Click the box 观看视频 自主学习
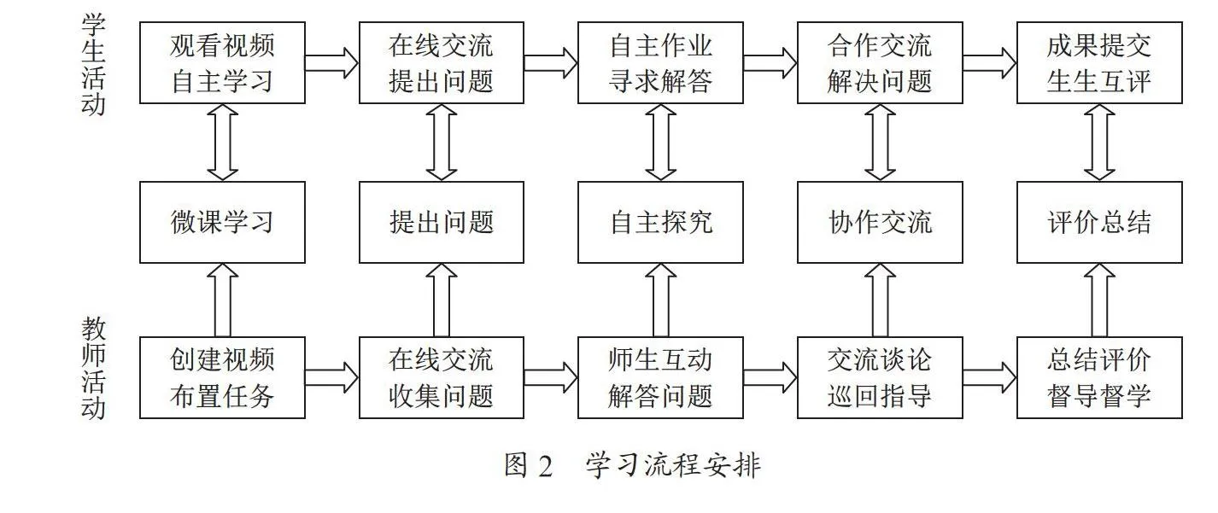pyautogui.click(x=222, y=62)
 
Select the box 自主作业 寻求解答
pyautogui.click(x=660, y=62)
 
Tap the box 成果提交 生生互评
pyautogui.click(x=1099, y=62)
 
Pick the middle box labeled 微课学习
pyautogui.click(x=222, y=222)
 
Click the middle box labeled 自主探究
pyautogui.click(x=660, y=222)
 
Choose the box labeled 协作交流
pyautogui.click(x=880, y=222)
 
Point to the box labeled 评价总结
pyautogui.click(x=1099, y=222)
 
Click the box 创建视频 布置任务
pyautogui.click(x=222, y=377)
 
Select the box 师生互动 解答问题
pyautogui.click(x=660, y=377)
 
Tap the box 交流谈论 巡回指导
pyautogui.click(x=880, y=377)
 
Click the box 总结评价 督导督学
pyautogui.click(x=1099, y=377)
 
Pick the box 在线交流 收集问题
pyautogui.click(x=442, y=377)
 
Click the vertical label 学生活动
pyautogui.click(x=93, y=64)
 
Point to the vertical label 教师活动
pyautogui.click(x=93, y=369)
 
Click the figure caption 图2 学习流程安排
pyautogui.click(x=632, y=465)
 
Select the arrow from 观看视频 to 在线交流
pyautogui.click(x=331, y=62)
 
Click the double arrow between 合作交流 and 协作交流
pyautogui.click(x=880, y=143)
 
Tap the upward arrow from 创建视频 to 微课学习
pyautogui.click(x=222, y=300)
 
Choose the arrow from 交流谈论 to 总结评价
pyautogui.click(x=990, y=377)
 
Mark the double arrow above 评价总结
pyautogui.click(x=1099, y=143)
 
